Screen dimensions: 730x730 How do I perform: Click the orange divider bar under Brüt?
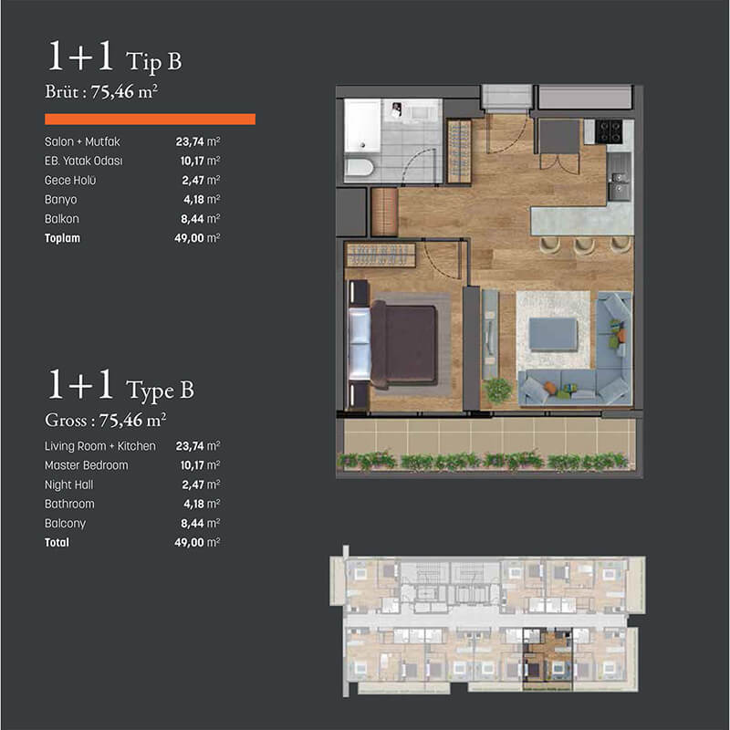pos(150,120)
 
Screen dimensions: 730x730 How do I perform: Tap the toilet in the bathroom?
pos(360,167)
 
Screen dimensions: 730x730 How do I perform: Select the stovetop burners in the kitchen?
pos(609,130)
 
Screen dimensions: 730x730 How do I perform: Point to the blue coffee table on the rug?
pos(554,333)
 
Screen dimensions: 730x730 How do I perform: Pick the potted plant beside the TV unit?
pos(498,390)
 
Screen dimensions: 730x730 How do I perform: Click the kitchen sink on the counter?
pos(620,184)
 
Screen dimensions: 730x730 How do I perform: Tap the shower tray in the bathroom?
pos(362,125)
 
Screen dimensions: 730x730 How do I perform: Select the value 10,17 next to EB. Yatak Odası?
pos(192,162)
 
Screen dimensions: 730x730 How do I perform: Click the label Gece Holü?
pos(70,180)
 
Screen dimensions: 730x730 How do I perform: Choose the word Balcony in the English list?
pos(65,524)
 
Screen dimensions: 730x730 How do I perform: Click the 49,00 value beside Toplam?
pos(189,238)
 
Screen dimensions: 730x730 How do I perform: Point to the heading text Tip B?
pos(153,61)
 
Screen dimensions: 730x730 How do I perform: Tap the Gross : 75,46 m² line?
pos(106,420)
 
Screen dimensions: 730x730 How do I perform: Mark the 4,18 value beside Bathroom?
pos(193,505)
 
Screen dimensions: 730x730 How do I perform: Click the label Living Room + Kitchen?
pos(100,446)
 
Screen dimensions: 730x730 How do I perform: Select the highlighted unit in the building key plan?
pos(547,659)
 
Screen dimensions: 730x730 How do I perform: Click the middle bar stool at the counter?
pos(584,245)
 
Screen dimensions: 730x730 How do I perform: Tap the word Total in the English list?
pos(57,543)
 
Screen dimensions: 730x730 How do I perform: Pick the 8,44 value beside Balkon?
pos(193,219)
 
